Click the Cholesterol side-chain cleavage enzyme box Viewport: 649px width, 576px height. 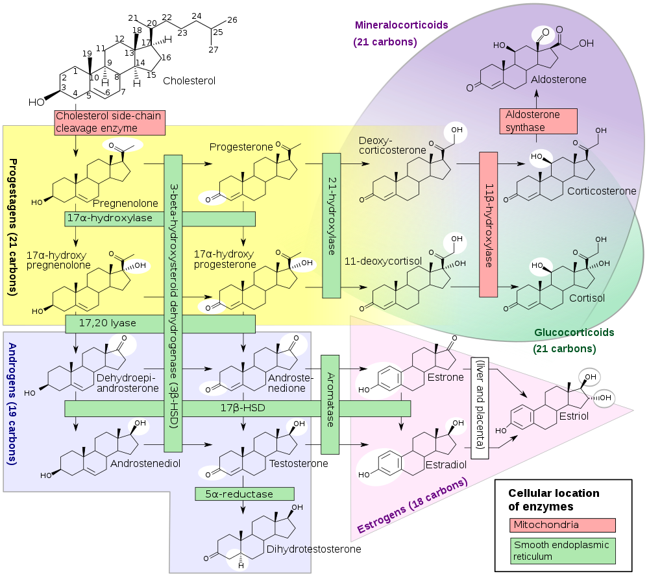(109, 123)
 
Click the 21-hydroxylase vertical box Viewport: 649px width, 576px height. (332, 226)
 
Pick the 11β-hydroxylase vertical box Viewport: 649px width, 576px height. (489, 224)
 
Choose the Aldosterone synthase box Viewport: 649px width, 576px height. (538, 121)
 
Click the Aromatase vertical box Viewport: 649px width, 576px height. (330, 404)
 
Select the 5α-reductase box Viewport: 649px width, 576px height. (243, 494)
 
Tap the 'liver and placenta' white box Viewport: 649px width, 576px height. (480, 408)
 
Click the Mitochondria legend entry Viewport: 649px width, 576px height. (562, 525)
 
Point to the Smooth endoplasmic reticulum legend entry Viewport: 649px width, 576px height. (562, 551)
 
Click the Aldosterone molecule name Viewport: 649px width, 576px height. (558, 80)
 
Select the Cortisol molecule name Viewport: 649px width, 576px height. (587, 298)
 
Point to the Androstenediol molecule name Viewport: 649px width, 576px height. (145, 464)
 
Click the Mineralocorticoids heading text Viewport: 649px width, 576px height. (401, 25)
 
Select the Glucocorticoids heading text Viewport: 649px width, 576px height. (574, 333)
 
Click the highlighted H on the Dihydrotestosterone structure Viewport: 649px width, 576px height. (240, 564)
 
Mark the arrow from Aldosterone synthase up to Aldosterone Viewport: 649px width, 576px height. (537, 99)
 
